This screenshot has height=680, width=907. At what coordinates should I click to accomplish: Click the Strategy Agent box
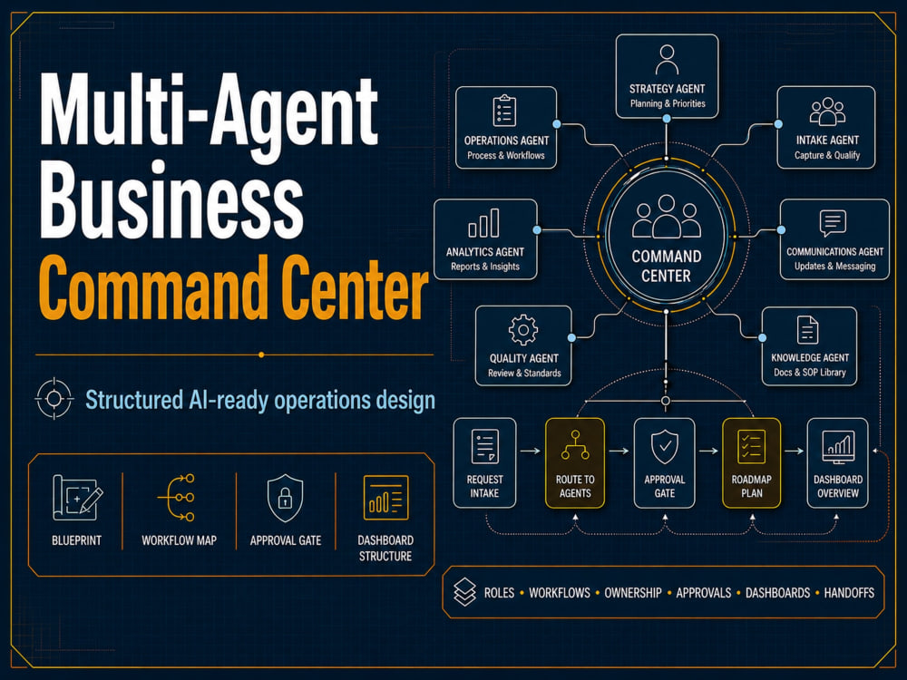point(667,76)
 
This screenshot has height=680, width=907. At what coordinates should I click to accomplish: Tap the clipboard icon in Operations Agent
point(504,111)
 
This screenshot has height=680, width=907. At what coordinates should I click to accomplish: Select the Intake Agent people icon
point(827,111)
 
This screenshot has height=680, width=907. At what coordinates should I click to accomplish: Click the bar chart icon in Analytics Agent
point(483,223)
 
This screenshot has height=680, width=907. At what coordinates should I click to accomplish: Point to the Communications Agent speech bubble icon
point(833,223)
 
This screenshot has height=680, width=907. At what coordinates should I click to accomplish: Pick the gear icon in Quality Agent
point(523,330)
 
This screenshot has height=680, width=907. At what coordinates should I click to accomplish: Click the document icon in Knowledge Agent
point(807,330)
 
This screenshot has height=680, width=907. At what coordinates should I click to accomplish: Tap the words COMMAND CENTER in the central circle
point(667,266)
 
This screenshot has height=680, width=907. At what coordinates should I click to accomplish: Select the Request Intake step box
point(484,463)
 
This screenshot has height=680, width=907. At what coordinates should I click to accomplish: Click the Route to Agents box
point(575,463)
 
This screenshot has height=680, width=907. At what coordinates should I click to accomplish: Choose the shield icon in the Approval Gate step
point(665,447)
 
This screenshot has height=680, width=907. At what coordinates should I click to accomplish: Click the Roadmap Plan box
point(751,463)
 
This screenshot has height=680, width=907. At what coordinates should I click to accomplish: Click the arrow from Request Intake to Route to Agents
point(531,451)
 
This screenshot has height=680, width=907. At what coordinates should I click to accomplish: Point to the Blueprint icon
point(77,497)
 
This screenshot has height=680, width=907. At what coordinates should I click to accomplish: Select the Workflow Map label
point(180,540)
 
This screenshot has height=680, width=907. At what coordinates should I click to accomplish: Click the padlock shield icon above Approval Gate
point(285,498)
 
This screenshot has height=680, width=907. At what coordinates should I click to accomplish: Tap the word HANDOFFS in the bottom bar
point(849,593)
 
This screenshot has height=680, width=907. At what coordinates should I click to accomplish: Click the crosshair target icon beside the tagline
point(54,398)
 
